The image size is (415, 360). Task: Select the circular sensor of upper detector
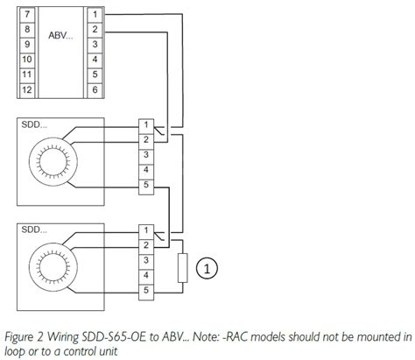[x=57, y=162]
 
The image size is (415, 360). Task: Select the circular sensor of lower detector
[x=57, y=268]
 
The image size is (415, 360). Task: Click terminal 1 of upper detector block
[x=145, y=125]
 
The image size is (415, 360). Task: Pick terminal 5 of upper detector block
[x=145, y=185]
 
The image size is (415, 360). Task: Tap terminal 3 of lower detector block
[x=145, y=260]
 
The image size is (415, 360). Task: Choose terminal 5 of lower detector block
[x=145, y=290]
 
